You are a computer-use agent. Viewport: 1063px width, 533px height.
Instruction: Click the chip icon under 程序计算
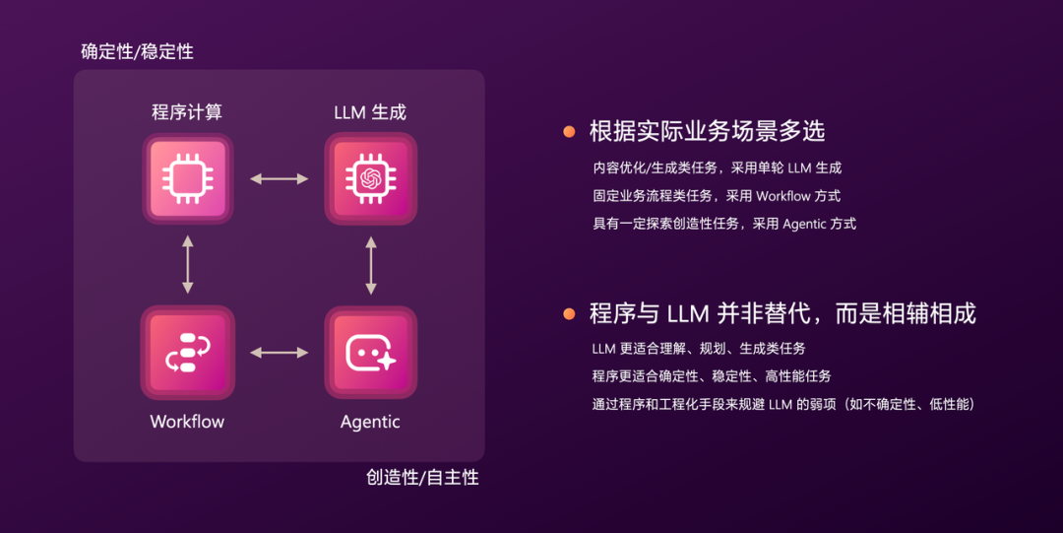point(187,178)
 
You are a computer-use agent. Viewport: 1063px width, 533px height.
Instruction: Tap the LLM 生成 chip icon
point(370,178)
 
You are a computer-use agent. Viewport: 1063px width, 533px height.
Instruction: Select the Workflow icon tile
point(187,352)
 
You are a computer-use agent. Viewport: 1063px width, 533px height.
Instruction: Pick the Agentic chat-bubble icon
point(370,352)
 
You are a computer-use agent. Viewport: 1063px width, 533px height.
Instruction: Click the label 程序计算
point(187,112)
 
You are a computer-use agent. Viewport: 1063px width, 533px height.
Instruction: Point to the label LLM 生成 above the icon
point(370,112)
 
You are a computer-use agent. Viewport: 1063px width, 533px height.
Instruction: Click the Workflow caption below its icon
point(187,422)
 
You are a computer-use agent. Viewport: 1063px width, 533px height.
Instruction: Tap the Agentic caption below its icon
point(370,422)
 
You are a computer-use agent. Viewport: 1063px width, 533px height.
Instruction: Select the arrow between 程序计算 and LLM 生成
point(279,178)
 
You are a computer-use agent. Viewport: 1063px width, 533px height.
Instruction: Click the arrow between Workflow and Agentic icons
point(279,352)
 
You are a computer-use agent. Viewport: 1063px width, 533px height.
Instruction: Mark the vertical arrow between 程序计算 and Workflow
point(187,264)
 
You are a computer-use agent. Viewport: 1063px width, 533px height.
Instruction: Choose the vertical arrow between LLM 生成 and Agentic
point(370,264)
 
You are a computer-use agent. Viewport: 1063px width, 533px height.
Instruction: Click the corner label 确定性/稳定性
point(137,52)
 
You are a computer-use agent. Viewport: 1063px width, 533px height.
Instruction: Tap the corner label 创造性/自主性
point(422,478)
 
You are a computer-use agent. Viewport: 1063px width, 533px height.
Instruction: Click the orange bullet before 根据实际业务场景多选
point(569,131)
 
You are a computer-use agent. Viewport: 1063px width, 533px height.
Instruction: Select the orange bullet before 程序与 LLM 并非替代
point(569,314)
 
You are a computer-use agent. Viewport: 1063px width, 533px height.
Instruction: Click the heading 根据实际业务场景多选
point(707,131)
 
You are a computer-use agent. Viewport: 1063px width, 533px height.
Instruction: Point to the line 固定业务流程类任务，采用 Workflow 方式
point(716,196)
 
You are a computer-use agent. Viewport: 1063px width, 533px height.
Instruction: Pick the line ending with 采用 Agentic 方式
point(723,224)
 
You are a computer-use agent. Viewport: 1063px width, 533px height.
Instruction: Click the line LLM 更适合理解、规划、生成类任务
point(699,349)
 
